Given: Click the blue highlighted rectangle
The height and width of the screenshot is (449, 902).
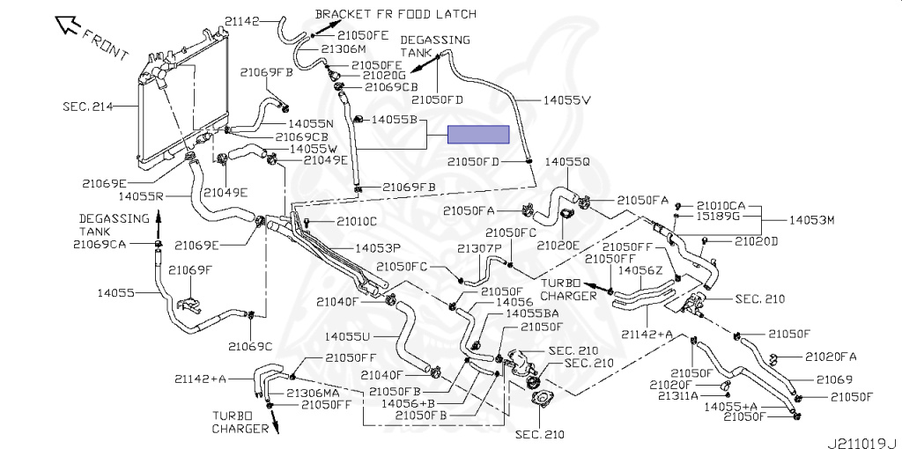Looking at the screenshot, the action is pos(478,135).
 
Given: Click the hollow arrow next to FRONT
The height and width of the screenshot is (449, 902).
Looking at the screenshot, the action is pos(66,26).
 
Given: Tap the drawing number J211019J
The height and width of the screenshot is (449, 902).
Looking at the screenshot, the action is pos(864,443).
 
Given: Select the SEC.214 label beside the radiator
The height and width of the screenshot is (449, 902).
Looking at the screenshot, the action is pos(87,107).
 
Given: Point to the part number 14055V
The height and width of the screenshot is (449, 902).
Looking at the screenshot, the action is pos(567,100).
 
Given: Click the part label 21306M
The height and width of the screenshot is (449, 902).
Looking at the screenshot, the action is pos(344,49).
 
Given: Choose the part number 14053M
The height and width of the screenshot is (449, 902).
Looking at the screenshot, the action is pos(811,219).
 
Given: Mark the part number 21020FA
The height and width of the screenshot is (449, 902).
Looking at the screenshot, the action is pos(831,357).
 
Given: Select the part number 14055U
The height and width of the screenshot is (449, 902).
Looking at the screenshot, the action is pos(347,336).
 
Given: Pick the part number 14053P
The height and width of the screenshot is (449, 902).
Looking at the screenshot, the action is pos(376,248).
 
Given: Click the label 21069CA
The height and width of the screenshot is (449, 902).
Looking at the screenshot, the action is pos(100,245).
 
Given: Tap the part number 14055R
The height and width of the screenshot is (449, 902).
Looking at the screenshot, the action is pos(142,196).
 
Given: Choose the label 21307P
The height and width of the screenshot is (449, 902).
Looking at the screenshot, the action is pos(480,248).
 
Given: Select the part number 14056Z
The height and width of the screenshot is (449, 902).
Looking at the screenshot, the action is pos(640,269).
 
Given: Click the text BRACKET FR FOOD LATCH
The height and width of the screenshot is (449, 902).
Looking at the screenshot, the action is pos(396,13).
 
